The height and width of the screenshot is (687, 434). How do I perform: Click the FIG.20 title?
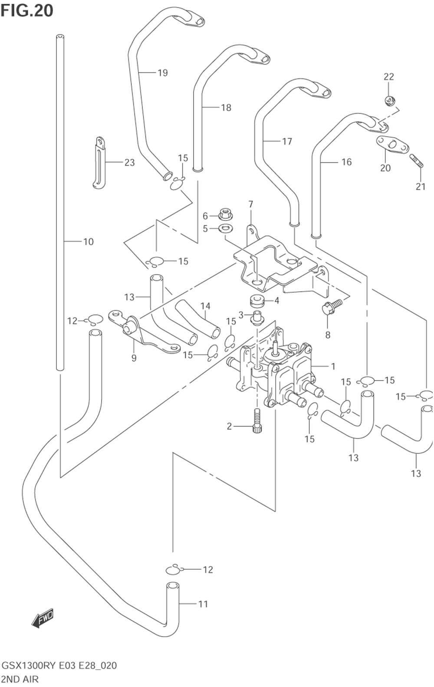click(x=27, y=10)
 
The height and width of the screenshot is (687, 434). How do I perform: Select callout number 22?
click(x=388, y=77)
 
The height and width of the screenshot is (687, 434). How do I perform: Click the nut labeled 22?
click(x=389, y=101)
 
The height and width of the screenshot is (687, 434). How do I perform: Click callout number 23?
click(x=129, y=162)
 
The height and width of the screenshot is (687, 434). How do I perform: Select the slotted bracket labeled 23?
click(x=99, y=163)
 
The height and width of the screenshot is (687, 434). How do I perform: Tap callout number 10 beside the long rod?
click(x=88, y=242)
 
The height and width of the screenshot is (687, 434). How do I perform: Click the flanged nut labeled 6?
click(x=225, y=214)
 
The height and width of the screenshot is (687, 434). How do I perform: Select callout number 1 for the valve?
click(x=333, y=366)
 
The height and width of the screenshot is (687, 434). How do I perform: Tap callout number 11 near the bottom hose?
click(x=203, y=604)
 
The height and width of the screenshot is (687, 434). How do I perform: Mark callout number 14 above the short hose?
click(x=205, y=306)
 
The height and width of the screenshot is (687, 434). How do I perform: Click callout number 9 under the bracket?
click(x=134, y=358)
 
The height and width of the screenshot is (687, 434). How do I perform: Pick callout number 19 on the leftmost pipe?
click(x=162, y=72)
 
